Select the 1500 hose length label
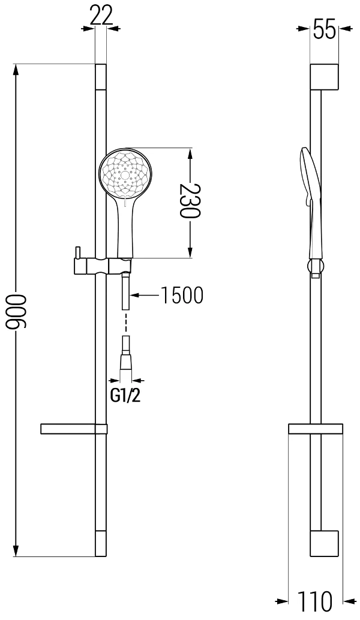coord(182,294)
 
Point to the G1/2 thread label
coord(125,396)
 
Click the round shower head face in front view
coord(125,173)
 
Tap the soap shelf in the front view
coord(74,429)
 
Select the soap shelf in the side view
coord(315,429)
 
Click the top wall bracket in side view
coord(325,76)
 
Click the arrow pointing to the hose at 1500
coord(146,294)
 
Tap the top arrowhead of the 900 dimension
coord(16,70)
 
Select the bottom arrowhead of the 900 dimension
coord(16,549)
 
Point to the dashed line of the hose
coord(125,323)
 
